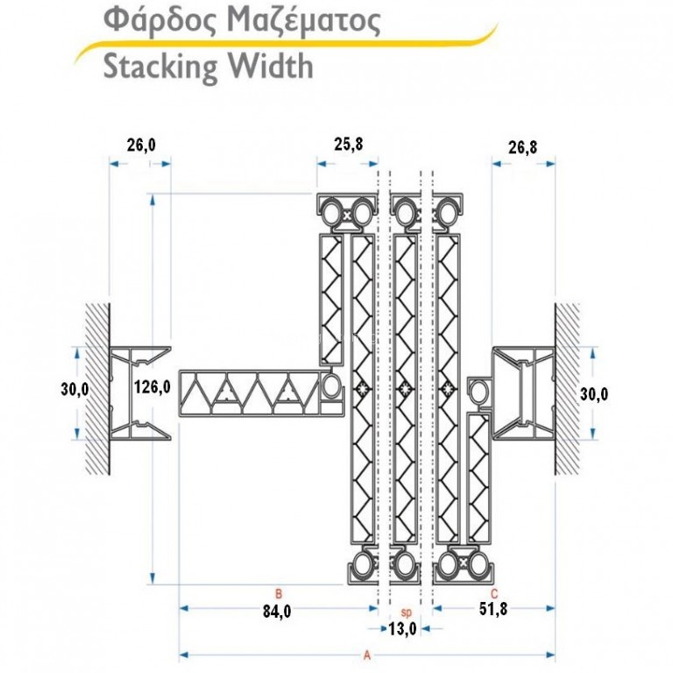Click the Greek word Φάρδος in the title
[159, 21]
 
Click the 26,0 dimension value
[141, 145]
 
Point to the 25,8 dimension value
[349, 145]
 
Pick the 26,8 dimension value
[522, 147]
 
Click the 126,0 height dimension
[152, 387]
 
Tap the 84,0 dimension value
[277, 611]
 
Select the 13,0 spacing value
[402, 629]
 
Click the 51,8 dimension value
[493, 609]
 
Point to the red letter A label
[366, 655]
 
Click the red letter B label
[279, 594]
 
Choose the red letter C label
[494, 593]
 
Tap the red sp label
[406, 613]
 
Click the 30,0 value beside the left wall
[74, 389]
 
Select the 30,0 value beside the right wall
[594, 393]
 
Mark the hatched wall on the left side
[97, 389]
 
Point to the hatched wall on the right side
[568, 389]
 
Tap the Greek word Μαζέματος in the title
[303, 21]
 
